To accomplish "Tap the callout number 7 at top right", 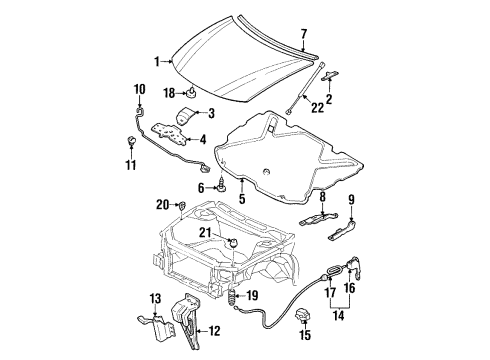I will pyautogui.click(x=304, y=34).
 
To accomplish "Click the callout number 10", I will pyautogui.click(x=138, y=92).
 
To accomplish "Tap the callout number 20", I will pyautogui.click(x=163, y=205).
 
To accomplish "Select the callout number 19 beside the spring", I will pyautogui.click(x=251, y=295).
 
